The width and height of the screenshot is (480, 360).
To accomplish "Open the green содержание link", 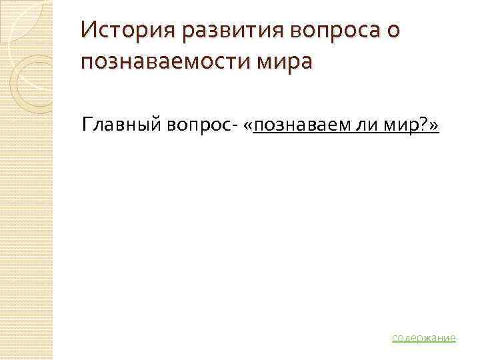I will pos(424,337).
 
